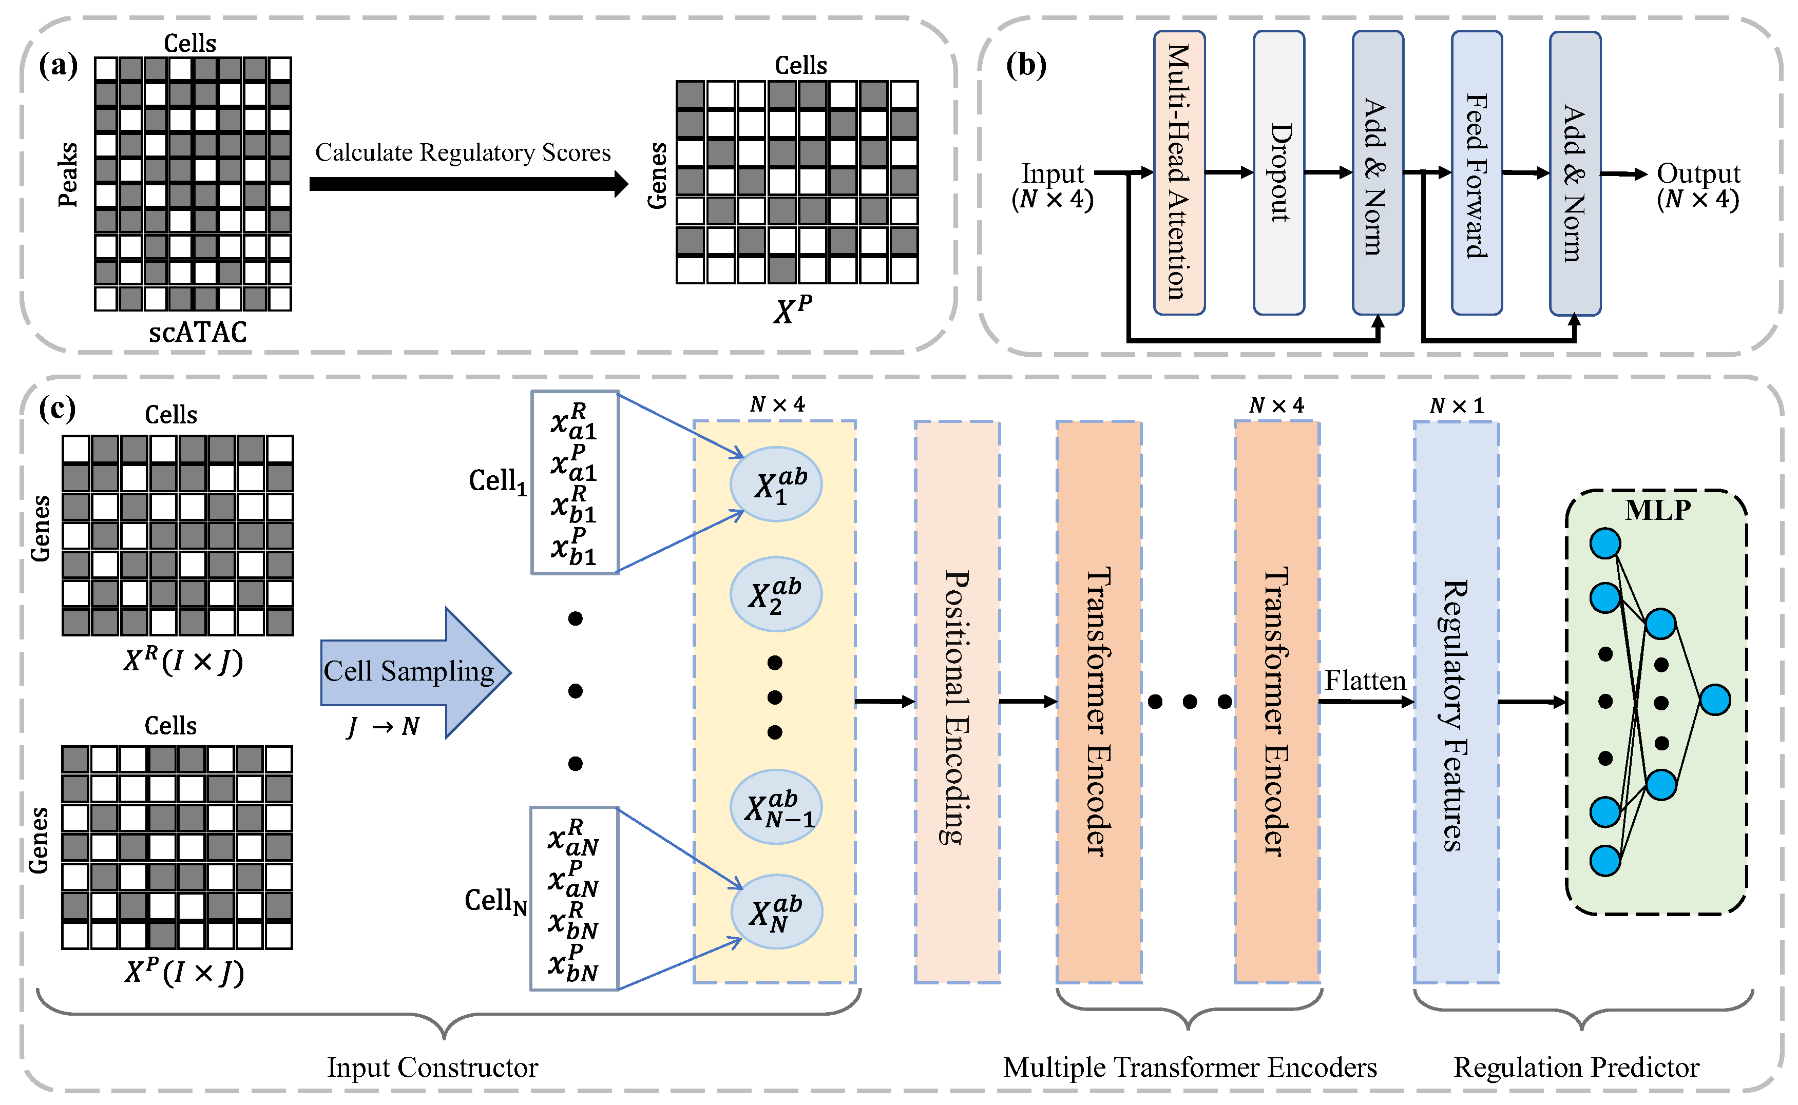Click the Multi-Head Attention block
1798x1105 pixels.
point(1178,172)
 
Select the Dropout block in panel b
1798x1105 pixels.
point(1278,172)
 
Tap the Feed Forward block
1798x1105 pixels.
point(1477,172)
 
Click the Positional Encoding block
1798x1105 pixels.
point(957,702)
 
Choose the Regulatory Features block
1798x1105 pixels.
point(1456,702)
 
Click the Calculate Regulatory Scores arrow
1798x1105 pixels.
point(468,183)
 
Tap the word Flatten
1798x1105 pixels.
point(1365,681)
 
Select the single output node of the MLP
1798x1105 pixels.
point(1715,700)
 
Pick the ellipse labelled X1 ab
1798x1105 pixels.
point(776,484)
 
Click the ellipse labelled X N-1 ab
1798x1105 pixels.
point(776,807)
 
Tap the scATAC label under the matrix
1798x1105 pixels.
point(197,333)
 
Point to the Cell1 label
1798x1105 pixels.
point(497,481)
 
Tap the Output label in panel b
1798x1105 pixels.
point(1698,174)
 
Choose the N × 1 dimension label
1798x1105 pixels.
point(1456,405)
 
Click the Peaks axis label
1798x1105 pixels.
point(67,176)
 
